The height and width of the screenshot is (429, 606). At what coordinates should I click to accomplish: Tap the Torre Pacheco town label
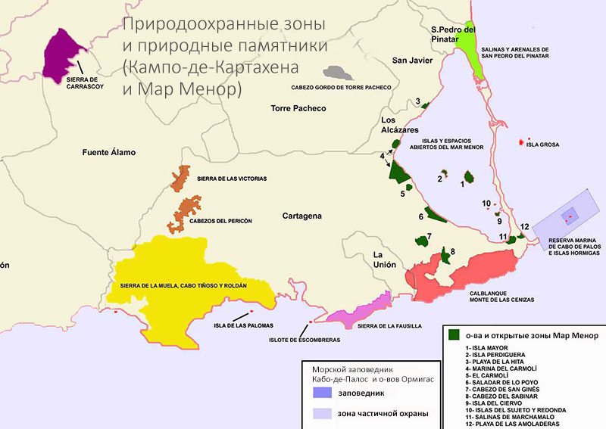(x=298, y=109)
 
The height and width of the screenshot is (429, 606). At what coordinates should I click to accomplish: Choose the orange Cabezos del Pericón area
(x=186, y=213)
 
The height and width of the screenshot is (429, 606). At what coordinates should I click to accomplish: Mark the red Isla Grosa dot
(x=520, y=141)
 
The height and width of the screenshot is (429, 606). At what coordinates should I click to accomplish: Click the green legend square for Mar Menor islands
(x=454, y=334)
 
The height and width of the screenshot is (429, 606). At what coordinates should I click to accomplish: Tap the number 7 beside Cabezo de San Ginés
(x=430, y=236)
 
